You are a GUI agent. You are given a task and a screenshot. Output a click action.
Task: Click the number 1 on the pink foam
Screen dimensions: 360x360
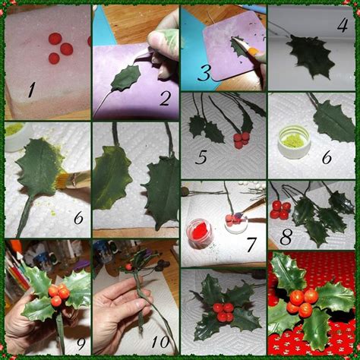click(x=31, y=90)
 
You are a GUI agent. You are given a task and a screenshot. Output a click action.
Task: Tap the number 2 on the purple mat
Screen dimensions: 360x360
click(x=166, y=98)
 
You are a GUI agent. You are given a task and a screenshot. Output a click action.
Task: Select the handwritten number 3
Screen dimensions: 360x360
click(x=204, y=73)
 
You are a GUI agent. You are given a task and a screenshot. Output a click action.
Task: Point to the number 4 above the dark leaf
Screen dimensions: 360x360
click(x=343, y=25)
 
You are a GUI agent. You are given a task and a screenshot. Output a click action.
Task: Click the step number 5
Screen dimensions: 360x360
click(x=201, y=156)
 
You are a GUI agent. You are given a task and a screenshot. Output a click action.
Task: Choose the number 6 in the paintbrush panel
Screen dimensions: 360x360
click(x=78, y=217)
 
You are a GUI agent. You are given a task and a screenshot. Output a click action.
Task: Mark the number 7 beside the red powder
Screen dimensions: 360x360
click(x=251, y=245)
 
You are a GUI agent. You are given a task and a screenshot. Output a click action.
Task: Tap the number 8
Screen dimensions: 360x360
click(x=286, y=237)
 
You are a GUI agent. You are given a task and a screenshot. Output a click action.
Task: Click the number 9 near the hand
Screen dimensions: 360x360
click(x=81, y=343)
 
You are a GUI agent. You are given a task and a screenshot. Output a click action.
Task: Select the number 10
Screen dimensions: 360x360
click(x=160, y=343)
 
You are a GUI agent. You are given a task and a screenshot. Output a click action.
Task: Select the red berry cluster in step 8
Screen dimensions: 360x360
click(x=279, y=209)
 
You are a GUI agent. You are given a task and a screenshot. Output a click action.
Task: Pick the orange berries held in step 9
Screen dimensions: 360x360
click(x=58, y=295)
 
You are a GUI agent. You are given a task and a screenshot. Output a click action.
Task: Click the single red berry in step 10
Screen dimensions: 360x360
click(x=128, y=267)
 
